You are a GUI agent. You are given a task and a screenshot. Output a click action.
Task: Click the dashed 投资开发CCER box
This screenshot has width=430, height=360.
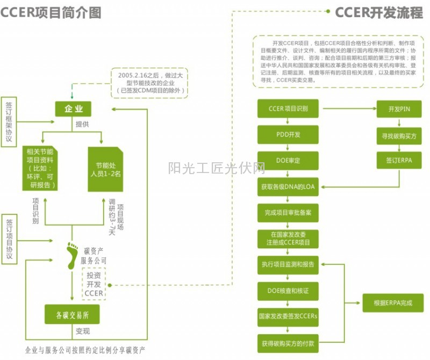[93, 284]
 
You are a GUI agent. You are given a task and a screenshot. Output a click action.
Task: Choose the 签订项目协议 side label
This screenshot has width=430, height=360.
[9, 239]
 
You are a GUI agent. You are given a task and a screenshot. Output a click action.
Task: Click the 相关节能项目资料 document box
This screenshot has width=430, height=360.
[41, 167]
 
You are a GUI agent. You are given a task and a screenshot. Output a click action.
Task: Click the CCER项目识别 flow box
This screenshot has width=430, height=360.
[288, 109]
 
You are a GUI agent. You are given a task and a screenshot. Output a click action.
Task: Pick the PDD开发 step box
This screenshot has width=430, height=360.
[288, 134]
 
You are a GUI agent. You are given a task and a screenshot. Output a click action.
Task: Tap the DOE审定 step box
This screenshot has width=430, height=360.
[288, 160]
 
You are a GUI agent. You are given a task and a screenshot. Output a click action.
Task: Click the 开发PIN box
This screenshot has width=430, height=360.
[399, 109]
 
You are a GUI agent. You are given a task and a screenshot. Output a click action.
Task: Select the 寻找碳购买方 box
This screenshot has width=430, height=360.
[399, 136]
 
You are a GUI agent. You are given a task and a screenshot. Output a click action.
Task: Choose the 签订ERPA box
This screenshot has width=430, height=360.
[399, 160]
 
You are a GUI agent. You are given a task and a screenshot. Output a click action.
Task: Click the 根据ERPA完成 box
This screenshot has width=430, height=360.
[393, 303]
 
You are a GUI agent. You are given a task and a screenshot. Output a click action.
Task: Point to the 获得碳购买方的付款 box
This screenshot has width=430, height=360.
[288, 343]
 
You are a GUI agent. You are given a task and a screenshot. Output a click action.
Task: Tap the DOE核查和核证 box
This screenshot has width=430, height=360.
[288, 291]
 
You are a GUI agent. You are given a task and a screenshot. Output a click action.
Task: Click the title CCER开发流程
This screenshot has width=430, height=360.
[378, 12]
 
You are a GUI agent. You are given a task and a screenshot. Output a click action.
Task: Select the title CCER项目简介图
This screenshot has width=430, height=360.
[51, 12]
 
